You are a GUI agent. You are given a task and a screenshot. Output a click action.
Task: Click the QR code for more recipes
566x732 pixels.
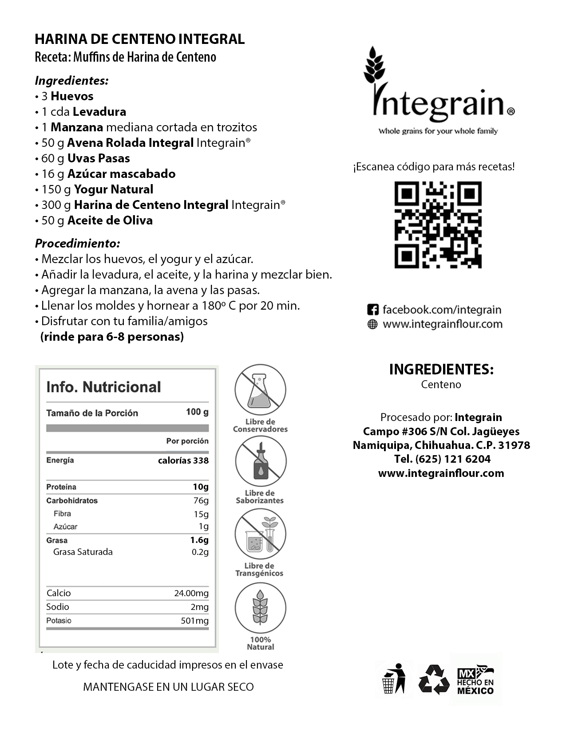[438, 224]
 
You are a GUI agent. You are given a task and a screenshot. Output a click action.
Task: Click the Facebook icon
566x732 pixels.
[372, 310]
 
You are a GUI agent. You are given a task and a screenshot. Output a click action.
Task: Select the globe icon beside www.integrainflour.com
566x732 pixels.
[372, 324]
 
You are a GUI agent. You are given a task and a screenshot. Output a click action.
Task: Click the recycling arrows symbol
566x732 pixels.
[434, 679]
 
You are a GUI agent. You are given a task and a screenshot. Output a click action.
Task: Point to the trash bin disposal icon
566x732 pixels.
[394, 679]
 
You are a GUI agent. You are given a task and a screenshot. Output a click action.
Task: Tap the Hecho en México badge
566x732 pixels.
[475, 679]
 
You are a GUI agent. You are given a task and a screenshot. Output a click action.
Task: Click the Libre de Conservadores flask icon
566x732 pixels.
[260, 390]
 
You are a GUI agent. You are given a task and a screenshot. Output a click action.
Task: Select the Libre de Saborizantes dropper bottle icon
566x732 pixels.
[260, 461]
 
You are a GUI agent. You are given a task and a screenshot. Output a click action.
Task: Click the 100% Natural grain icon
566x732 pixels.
[260, 607]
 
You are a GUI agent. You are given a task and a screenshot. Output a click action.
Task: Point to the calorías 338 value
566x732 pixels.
[183, 460]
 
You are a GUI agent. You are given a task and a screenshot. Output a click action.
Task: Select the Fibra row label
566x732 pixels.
[62, 514]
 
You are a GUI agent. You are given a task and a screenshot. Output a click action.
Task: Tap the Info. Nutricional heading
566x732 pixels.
[103, 387]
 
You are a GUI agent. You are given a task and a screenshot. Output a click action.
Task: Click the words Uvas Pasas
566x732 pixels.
[99, 158]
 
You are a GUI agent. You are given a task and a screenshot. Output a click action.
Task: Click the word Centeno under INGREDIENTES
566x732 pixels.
[441, 385]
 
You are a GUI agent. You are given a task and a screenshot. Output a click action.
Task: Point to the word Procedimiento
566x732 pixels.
[77, 244]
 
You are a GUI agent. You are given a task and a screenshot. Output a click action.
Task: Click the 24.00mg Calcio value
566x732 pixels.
[191, 593]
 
